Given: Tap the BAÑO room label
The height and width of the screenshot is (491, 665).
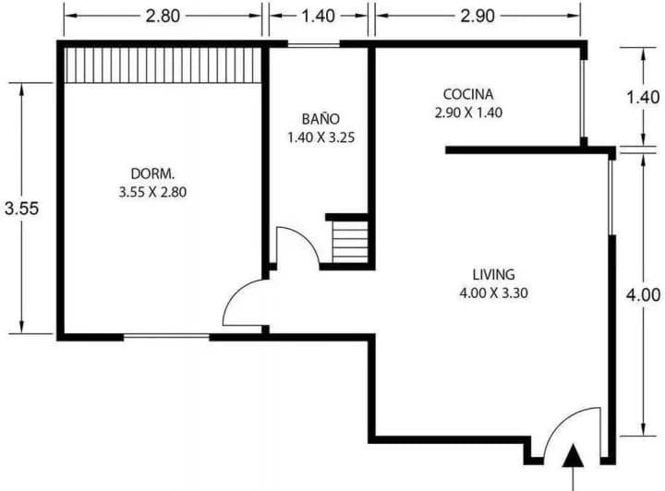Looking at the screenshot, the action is pos(320,118).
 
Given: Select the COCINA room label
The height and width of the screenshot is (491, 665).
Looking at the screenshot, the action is pos(468,94).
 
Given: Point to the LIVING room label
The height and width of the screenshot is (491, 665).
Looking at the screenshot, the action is pos(493,274).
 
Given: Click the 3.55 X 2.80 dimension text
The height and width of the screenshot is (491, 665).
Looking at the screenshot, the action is pos(152,192).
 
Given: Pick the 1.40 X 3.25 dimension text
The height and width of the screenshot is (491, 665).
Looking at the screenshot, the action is pos(321,138).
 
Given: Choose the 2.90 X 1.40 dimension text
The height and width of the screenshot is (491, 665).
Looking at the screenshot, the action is pos(468,113).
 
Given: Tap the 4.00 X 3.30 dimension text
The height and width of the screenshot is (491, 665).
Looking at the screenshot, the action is pos(493,293).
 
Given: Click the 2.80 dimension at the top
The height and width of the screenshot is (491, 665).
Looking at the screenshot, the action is pos(163,16).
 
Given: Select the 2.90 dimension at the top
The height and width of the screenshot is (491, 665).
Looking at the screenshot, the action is pos(478,16).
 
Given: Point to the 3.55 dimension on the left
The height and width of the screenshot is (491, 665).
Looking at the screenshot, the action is pos(21,209).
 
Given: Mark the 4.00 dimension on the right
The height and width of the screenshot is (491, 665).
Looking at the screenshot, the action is pos(644,294).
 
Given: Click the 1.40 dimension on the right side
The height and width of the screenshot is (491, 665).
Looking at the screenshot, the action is pos(644,98).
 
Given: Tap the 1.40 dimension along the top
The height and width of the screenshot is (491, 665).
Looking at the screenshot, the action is pos(318,16).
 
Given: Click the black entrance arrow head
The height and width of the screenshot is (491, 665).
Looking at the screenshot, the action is pos(573,456).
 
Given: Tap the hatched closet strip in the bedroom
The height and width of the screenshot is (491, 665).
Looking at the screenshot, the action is pos(163,65).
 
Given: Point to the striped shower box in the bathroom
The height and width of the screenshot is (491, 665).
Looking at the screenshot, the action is pos(350,242).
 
